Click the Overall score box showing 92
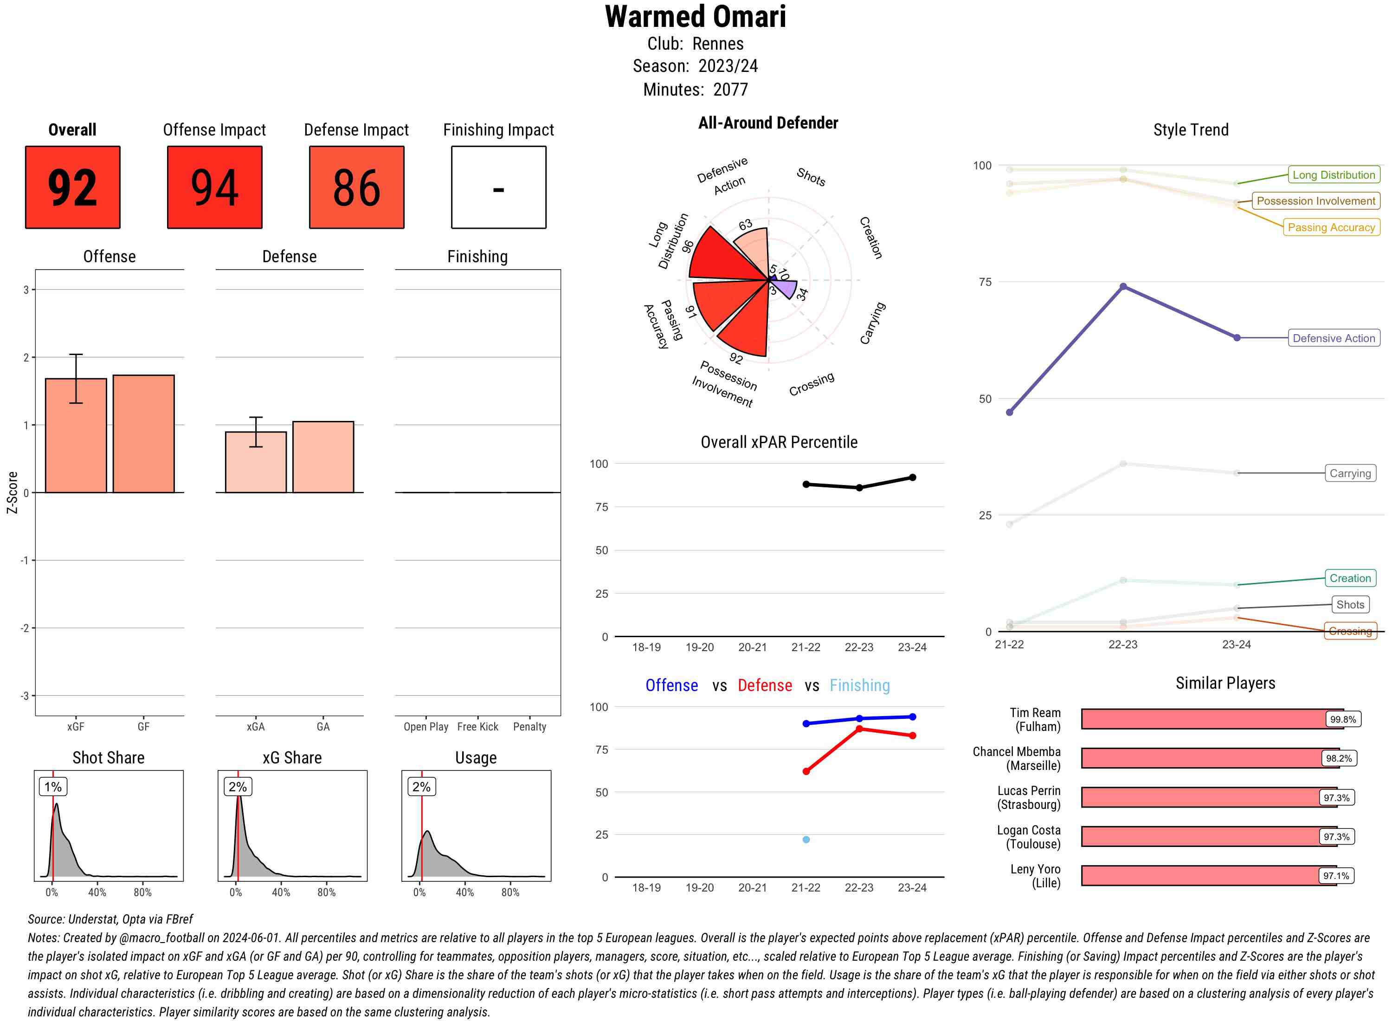coord(72,187)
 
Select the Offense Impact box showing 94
coord(214,187)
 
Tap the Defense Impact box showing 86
coord(356,187)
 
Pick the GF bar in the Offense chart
coord(143,433)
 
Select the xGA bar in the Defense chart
coord(256,462)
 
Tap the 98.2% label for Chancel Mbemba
coord(1338,758)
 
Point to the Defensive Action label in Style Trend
coord(1334,338)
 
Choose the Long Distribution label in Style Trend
coord(1334,175)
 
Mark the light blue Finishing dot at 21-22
coord(806,839)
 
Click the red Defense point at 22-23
coord(859,729)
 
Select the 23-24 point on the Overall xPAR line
coord(913,478)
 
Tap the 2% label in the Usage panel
coord(421,787)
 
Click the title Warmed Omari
coord(695,17)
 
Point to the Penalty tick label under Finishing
coord(529,727)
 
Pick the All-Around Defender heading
coord(768,123)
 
